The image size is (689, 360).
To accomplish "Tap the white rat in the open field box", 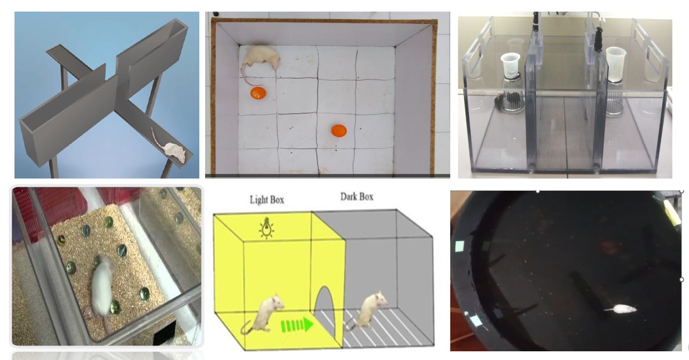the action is pyautogui.click(x=260, y=57).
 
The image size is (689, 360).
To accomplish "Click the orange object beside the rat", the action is pyautogui.click(x=258, y=93).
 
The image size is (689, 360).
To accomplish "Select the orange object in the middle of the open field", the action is pyautogui.click(x=339, y=130).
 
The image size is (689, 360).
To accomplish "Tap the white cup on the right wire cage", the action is pyautogui.click(x=615, y=64).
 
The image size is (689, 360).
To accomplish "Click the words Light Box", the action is pyautogui.click(x=267, y=200).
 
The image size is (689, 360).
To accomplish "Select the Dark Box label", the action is pyautogui.click(x=357, y=197).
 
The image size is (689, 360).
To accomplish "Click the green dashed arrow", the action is pyautogui.click(x=297, y=325).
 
